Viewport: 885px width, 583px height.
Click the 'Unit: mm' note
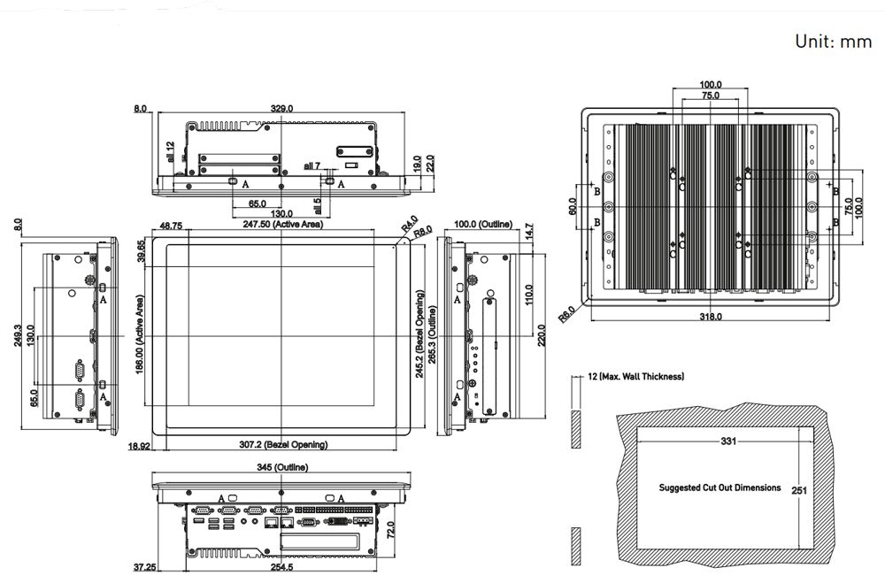tap(833, 42)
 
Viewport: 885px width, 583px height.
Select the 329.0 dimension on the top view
tap(281, 108)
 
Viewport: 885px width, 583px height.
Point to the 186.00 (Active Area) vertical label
tap(140, 335)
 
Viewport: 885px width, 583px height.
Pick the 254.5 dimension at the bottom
tap(282, 567)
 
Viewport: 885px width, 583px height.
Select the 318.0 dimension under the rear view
tap(711, 316)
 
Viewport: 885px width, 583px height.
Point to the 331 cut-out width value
tap(727, 440)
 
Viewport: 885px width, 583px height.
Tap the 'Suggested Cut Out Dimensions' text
tap(720, 487)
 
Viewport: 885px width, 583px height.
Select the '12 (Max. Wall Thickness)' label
tap(635, 377)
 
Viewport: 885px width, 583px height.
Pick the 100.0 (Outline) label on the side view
tap(483, 225)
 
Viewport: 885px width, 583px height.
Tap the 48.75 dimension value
tap(171, 226)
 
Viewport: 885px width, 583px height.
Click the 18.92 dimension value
tap(139, 447)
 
